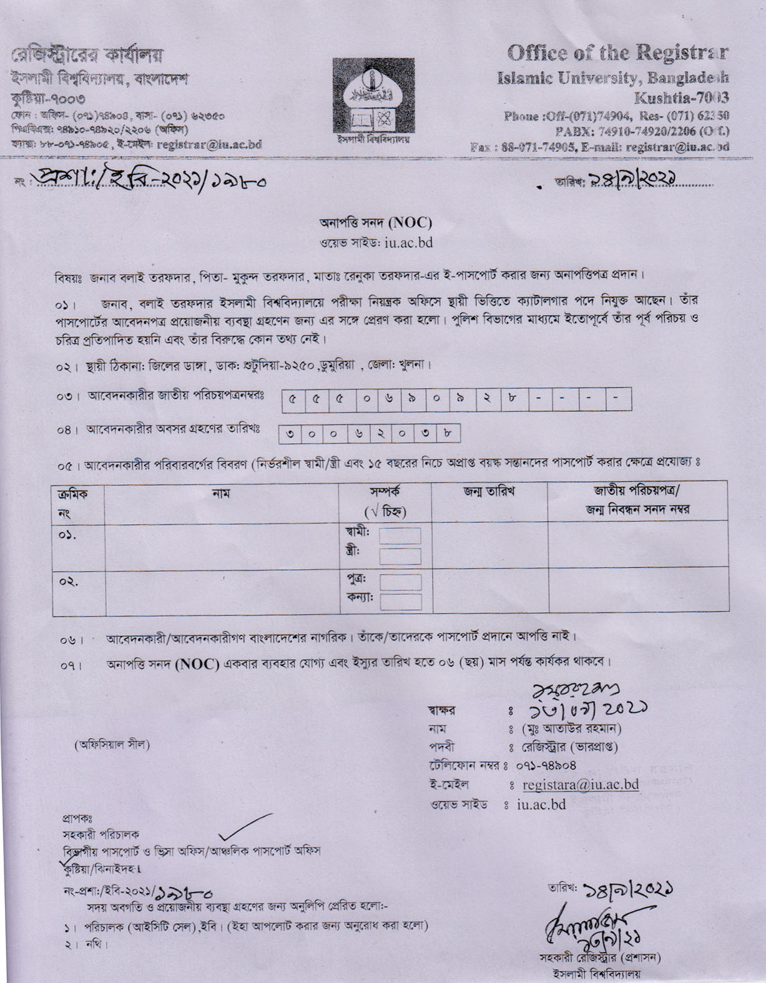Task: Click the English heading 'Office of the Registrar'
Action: click(619, 54)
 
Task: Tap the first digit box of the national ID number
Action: click(292, 400)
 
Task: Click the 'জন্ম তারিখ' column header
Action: click(489, 492)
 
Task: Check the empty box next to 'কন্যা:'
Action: click(400, 602)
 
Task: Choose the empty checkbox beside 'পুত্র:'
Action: click(400, 582)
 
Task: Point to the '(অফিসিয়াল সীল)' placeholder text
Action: click(112, 745)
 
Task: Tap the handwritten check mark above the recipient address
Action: click(247, 826)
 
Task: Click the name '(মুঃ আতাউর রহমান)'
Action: click(571, 728)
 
